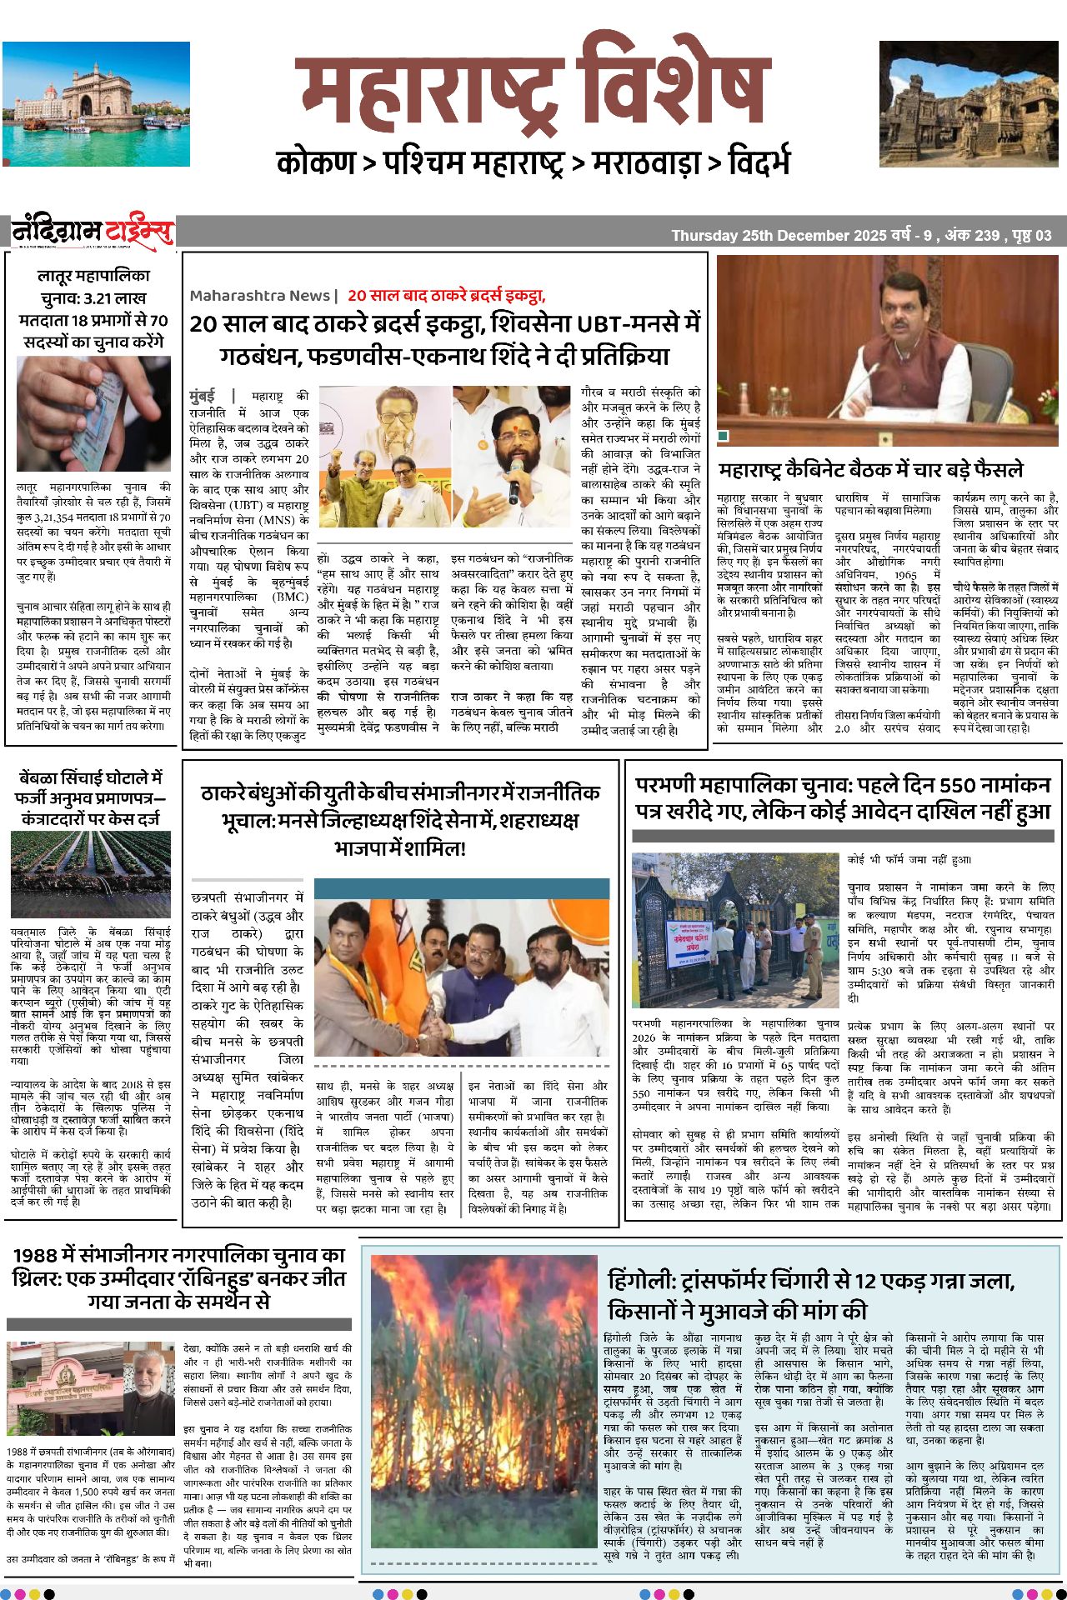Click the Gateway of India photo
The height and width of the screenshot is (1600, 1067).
pos(96,104)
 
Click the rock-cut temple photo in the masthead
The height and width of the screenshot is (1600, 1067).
pos(968,104)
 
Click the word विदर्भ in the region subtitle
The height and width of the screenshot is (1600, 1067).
pos(758,162)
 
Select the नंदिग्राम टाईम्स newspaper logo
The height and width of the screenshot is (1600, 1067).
pos(93,231)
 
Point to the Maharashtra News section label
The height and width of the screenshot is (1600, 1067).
pos(259,296)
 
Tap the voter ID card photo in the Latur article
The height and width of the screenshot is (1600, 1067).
pos(93,413)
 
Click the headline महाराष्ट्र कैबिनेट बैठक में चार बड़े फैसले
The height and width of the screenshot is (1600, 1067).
pos(870,470)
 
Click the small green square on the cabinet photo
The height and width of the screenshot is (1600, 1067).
pos(723,435)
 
